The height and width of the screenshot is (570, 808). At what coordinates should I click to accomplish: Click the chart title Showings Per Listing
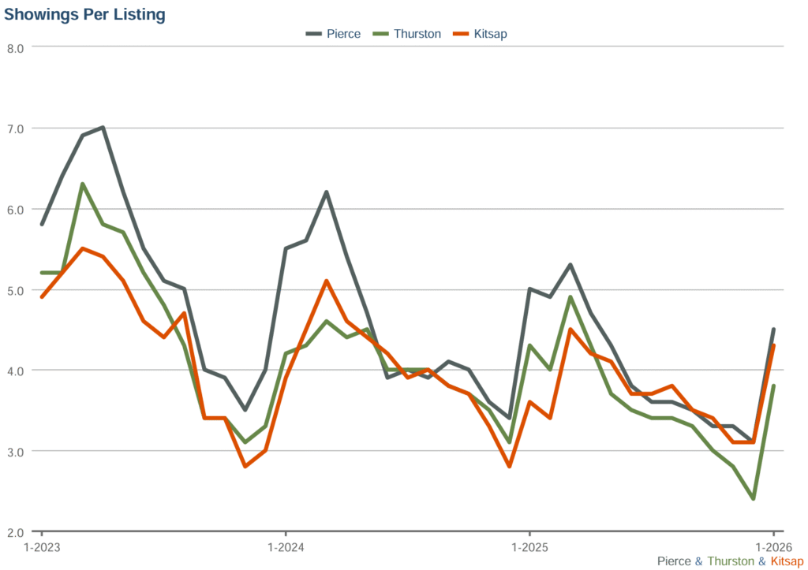[85, 14]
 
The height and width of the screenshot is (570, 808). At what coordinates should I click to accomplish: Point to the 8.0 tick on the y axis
[16, 47]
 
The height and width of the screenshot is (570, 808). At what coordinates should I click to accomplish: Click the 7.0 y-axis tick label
[16, 129]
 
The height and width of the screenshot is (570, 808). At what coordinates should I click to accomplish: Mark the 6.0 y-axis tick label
[16, 209]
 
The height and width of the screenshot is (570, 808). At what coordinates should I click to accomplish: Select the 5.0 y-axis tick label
[16, 290]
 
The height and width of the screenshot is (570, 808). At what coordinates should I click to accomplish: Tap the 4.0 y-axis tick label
[16, 371]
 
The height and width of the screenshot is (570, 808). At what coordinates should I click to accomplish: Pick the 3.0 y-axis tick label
[16, 452]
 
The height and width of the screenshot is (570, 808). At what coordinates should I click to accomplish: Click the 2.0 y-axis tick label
[16, 532]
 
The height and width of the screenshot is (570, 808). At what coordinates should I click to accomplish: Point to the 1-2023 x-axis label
[42, 547]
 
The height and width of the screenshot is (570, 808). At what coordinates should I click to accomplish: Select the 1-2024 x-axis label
[286, 547]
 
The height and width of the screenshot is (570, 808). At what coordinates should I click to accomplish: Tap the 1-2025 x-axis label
[529, 547]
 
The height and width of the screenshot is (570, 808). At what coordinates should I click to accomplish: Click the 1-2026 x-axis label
[772, 547]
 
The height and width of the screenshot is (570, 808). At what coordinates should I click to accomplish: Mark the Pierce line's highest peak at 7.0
[103, 128]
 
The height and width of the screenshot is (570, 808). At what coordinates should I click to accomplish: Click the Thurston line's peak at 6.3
[83, 184]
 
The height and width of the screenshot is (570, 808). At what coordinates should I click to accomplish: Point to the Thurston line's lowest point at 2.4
[753, 498]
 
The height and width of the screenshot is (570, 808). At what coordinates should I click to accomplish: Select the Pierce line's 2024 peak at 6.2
[326, 192]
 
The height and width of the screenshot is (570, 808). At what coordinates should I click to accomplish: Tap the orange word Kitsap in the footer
[787, 561]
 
